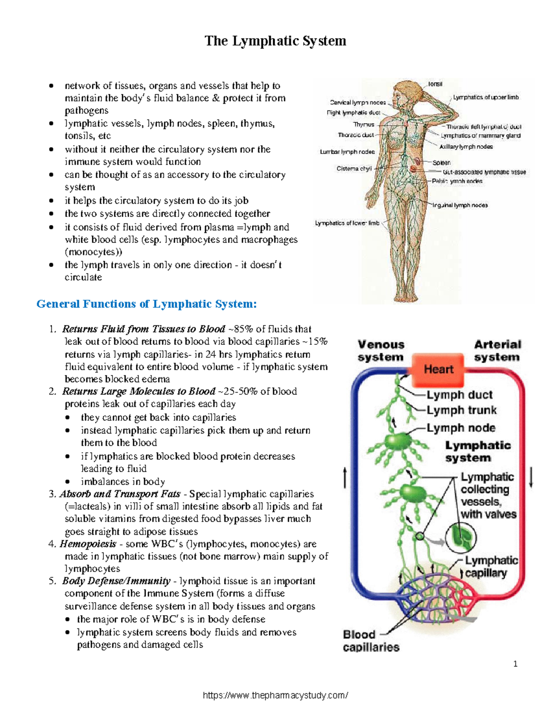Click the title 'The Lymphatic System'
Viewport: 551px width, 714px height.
tap(275, 41)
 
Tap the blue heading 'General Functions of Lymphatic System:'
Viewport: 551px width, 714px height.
tap(146, 304)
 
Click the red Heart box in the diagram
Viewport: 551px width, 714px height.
tap(438, 369)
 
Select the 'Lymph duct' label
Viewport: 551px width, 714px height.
tap(459, 395)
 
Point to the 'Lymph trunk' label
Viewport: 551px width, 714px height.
tap(461, 410)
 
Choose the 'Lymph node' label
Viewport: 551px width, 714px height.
tap(461, 428)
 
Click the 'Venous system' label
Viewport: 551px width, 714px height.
tap(381, 351)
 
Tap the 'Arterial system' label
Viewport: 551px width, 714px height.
tap(497, 351)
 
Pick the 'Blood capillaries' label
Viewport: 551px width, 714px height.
tap(371, 641)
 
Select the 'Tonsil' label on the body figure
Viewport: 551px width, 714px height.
tap(435, 84)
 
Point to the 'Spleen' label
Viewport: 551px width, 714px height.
tap(441, 163)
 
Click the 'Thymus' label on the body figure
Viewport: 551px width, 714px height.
tap(364, 125)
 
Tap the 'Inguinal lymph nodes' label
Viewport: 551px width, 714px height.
tap(460, 206)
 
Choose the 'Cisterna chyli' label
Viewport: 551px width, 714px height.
tap(354, 169)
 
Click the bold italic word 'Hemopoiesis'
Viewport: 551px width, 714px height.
tap(88, 544)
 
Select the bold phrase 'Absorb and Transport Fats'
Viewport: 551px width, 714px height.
tap(120, 494)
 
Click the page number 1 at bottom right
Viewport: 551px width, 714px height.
tap(515, 664)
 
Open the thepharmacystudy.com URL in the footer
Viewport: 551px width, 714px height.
tap(275, 695)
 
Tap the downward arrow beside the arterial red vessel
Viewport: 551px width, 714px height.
tap(531, 477)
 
